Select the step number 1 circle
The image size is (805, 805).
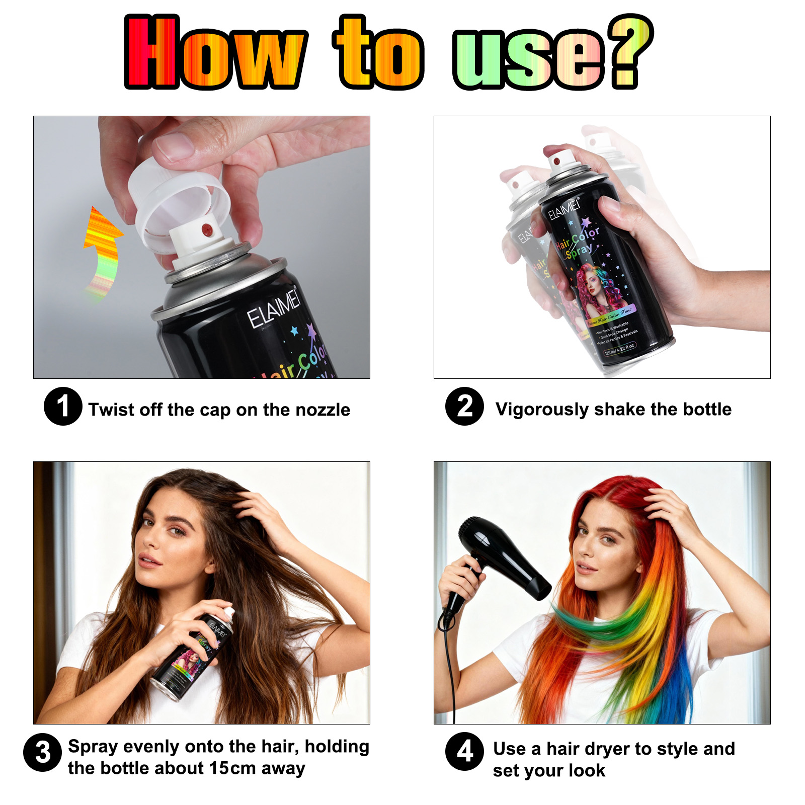tap(63, 407)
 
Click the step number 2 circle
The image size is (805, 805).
tap(464, 407)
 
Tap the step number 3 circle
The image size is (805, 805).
tap(43, 753)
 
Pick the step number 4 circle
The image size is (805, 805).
tap(464, 751)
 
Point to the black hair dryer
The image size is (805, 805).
tap(503, 558)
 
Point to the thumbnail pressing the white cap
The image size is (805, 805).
tap(174, 146)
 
